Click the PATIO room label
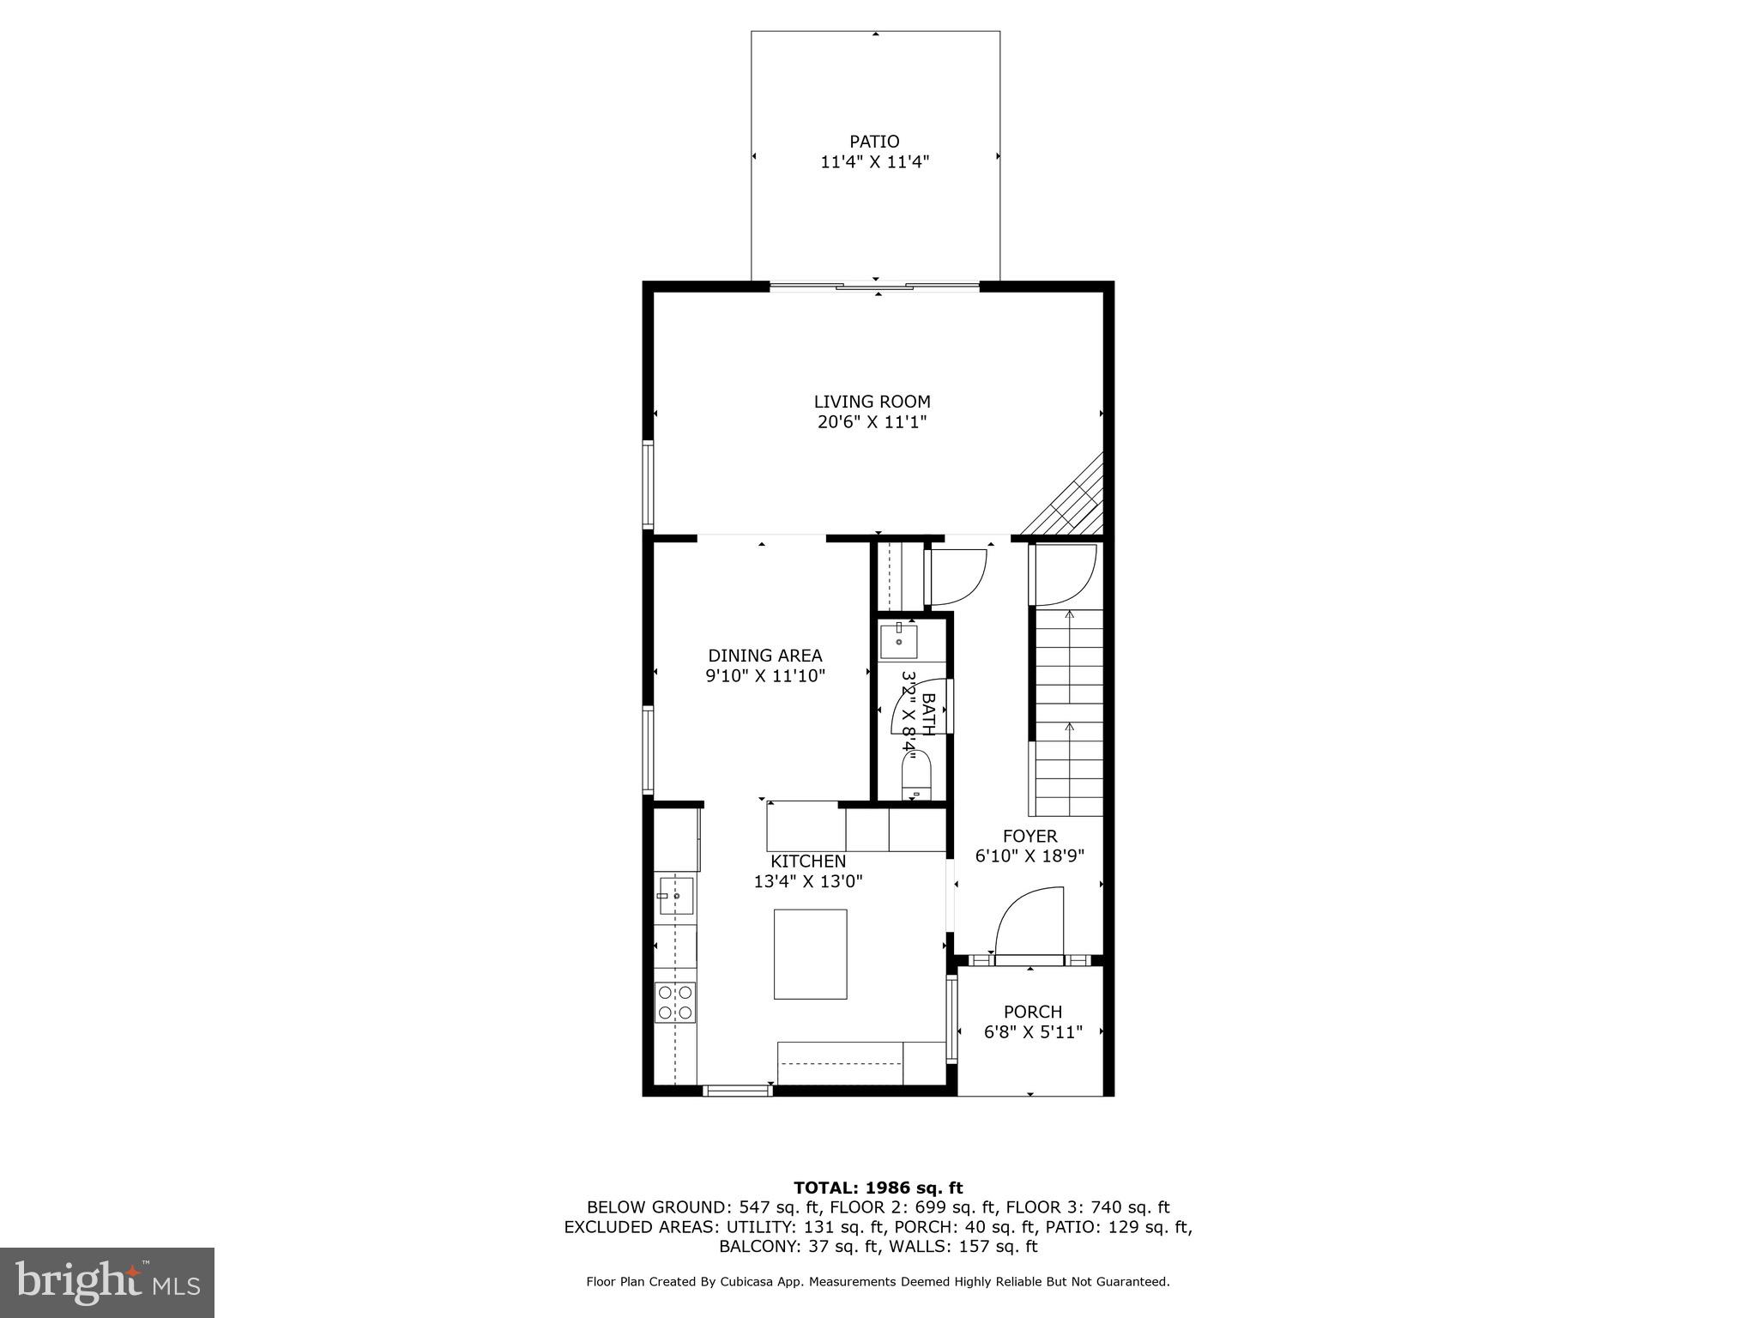click(874, 142)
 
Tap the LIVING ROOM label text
click(872, 402)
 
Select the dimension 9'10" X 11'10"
click(765, 676)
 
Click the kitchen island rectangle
click(810, 954)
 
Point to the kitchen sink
click(675, 897)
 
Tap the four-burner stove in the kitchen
click(675, 1003)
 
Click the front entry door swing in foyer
click(1029, 922)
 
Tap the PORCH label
click(1032, 1012)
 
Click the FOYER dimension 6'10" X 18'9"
click(1029, 855)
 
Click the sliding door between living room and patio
click(874, 287)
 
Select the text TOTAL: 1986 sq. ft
click(878, 1188)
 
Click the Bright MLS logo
click(107, 1282)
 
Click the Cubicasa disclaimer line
click(878, 1282)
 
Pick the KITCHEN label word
click(807, 861)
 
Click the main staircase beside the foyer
click(1068, 712)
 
